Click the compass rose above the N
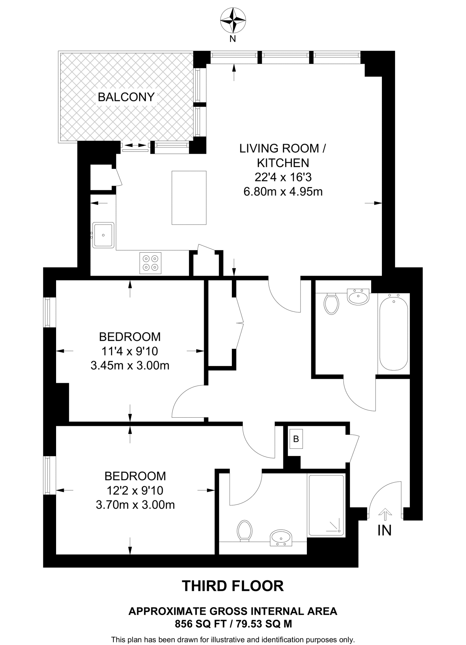pyautogui.click(x=233, y=21)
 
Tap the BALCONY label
pyautogui.click(x=126, y=97)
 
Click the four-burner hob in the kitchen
pyautogui.click(x=150, y=263)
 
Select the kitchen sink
pyautogui.click(x=103, y=235)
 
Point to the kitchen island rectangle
pyautogui.click(x=189, y=198)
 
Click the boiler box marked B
pyautogui.click(x=296, y=439)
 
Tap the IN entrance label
pyautogui.click(x=384, y=531)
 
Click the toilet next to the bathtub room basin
pyautogui.click(x=331, y=304)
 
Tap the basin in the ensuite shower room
pyautogui.click(x=281, y=537)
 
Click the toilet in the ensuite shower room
pyautogui.click(x=245, y=530)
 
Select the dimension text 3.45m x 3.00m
pyautogui.click(x=130, y=366)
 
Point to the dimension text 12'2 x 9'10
pyautogui.click(x=135, y=490)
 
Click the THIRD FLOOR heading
pyautogui.click(x=233, y=586)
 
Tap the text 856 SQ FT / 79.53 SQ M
pyautogui.click(x=233, y=624)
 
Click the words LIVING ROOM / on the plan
pyautogui.click(x=283, y=148)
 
